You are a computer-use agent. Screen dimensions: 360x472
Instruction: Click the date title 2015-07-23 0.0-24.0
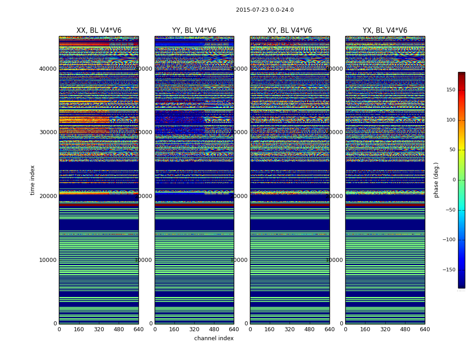(x=265, y=10)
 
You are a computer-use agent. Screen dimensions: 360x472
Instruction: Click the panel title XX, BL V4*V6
(x=99, y=31)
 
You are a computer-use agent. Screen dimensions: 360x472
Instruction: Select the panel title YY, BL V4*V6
(x=194, y=31)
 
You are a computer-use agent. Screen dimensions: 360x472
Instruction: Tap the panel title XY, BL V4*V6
(x=289, y=31)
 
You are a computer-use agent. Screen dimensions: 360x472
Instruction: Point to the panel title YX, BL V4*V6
(x=385, y=31)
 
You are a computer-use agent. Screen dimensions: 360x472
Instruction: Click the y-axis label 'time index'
(x=32, y=180)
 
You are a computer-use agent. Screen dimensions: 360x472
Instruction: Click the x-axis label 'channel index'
(x=214, y=338)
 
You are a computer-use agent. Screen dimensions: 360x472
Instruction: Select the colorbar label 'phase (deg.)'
(x=436, y=180)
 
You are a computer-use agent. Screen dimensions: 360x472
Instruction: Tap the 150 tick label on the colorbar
(x=450, y=90)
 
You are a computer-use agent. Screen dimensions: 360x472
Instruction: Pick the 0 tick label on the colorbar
(x=454, y=180)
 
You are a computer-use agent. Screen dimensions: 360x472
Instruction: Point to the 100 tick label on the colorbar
(x=450, y=120)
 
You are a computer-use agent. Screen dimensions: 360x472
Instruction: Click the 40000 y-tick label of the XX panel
(x=48, y=68)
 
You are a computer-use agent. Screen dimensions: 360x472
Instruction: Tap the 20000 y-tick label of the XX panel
(x=48, y=196)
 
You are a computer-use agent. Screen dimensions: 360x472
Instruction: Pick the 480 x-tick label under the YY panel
(x=214, y=329)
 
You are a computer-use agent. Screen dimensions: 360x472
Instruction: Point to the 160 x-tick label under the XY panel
(x=270, y=329)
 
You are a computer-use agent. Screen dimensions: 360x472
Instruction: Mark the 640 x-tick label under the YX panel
(x=425, y=329)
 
